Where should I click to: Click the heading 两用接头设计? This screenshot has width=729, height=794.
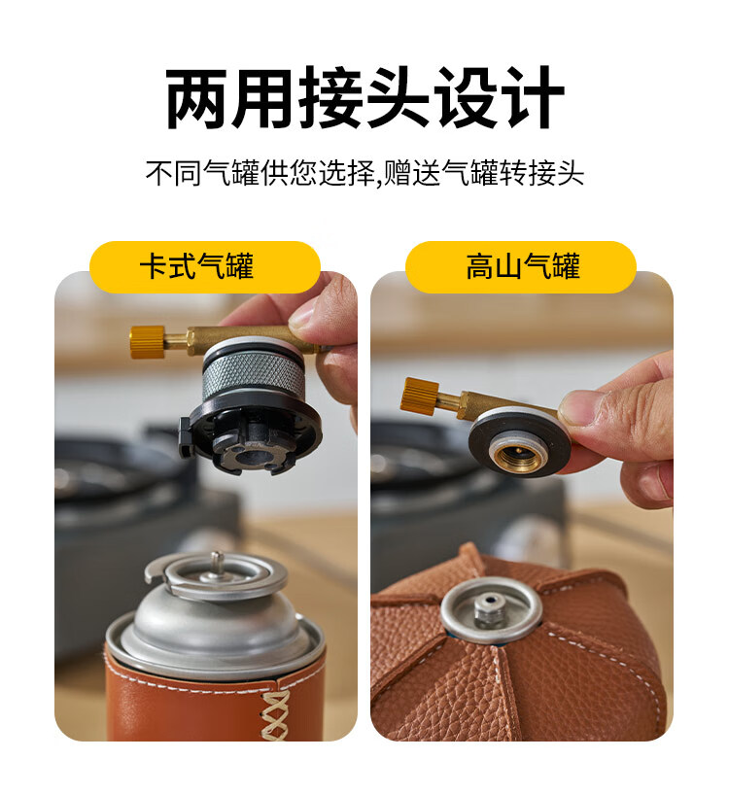click(x=364, y=98)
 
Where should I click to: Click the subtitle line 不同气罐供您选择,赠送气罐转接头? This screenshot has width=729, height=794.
click(x=364, y=173)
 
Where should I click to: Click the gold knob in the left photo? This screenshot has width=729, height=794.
click(x=148, y=342)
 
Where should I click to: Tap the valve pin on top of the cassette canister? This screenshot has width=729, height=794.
click(x=218, y=561)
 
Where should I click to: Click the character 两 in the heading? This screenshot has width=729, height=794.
click(x=196, y=98)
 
